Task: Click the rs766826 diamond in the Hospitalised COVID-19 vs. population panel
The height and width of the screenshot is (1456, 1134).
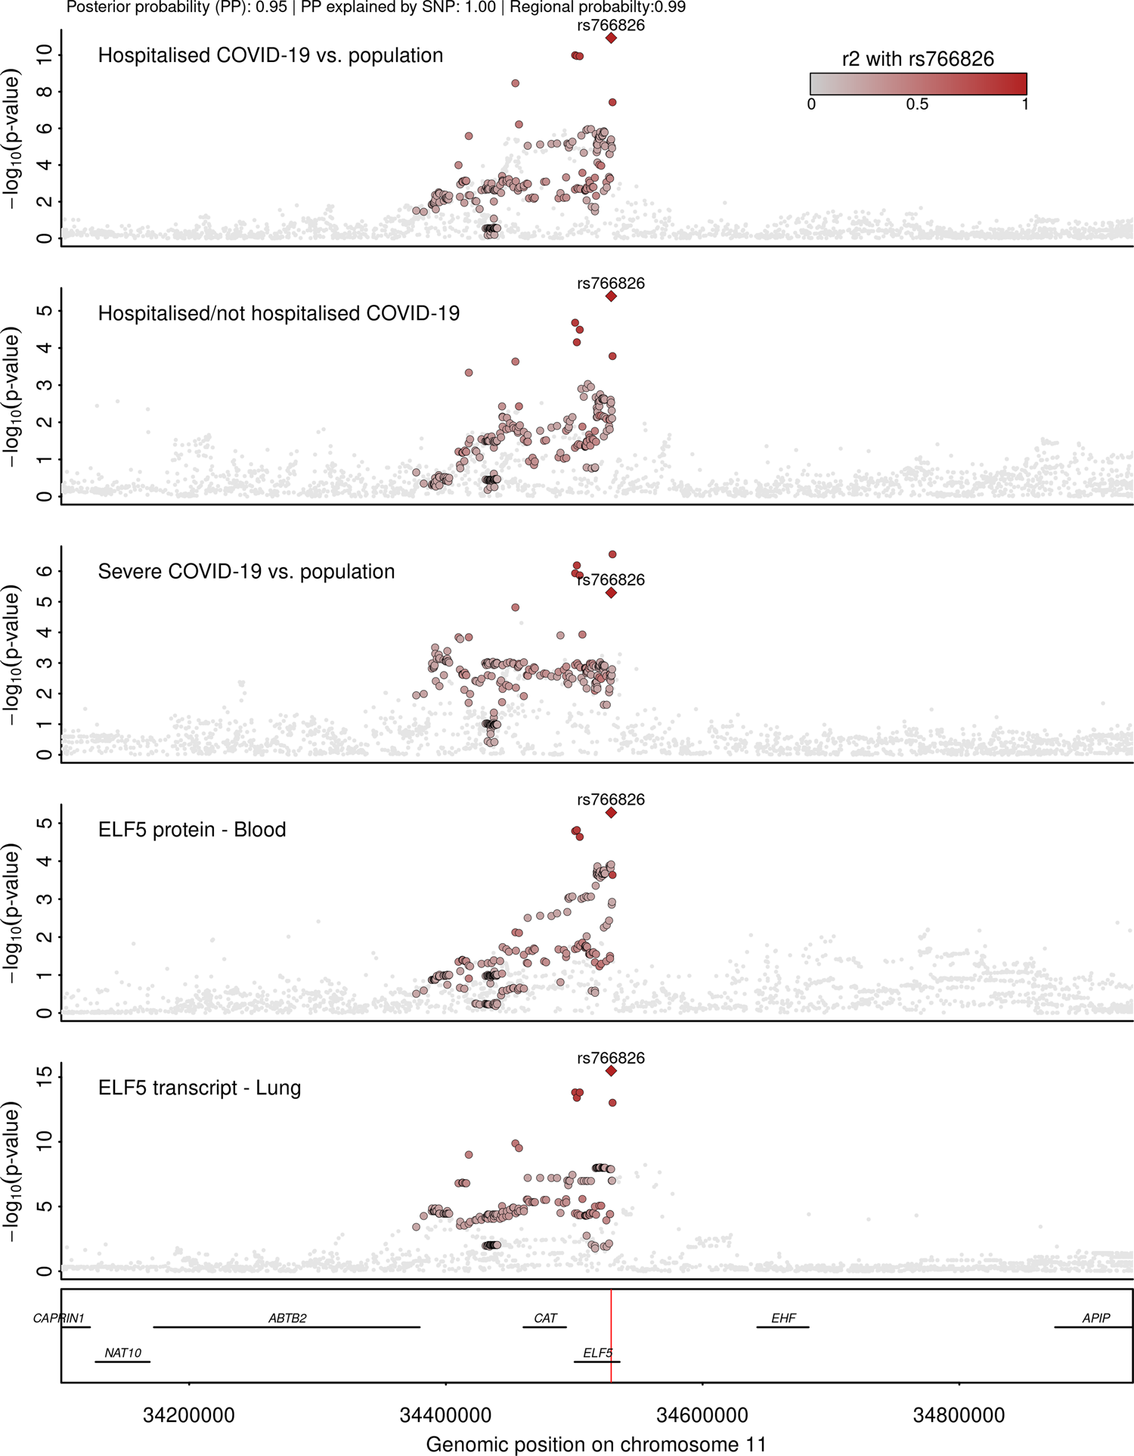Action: pos(611,38)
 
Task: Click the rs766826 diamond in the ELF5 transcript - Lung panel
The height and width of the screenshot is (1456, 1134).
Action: pos(611,1071)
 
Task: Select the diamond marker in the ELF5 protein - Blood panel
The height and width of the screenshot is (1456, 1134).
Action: pos(611,813)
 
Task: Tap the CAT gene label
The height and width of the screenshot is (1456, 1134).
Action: pos(545,1318)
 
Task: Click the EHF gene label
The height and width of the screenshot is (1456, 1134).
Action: pos(783,1318)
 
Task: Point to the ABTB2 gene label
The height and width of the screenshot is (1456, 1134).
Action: pos(287,1318)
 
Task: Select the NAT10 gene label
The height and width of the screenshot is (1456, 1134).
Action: pos(122,1353)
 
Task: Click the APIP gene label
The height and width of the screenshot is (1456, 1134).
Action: pos(1095,1318)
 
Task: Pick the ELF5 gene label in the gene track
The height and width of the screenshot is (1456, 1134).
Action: pos(597,1353)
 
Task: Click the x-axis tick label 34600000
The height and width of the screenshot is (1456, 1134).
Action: pos(702,1415)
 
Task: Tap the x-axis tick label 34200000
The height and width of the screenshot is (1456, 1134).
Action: pos(189,1415)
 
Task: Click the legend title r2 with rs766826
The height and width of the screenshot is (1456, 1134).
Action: pos(918,59)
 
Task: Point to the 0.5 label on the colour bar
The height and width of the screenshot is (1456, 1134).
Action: pos(917,104)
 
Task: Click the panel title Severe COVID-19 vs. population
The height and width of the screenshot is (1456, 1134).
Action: pos(246,571)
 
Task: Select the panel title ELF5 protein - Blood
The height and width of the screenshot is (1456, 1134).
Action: pos(192,830)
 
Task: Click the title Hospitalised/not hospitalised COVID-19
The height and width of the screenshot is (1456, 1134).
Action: pos(279,313)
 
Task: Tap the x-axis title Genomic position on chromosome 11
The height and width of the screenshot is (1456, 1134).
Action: pos(596,1444)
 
